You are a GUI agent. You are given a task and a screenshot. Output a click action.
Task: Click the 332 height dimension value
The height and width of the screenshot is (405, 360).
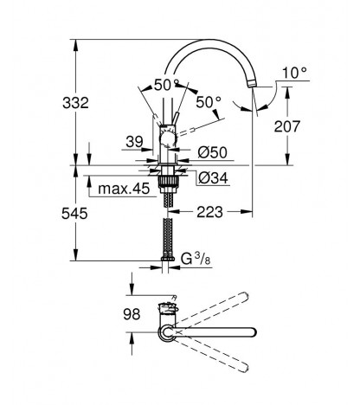75,103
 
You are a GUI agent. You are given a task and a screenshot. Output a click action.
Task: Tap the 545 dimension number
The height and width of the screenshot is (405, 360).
74,214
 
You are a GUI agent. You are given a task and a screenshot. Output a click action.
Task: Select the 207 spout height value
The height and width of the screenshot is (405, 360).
287,126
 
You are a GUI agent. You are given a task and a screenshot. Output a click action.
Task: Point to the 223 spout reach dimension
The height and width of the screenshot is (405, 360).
209,212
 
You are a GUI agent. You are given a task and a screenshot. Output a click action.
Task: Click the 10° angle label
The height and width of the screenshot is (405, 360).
294,73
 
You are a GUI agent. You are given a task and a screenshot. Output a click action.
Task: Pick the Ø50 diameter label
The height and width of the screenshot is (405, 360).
213,152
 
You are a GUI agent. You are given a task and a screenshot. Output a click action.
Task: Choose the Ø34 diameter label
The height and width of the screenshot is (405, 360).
213,178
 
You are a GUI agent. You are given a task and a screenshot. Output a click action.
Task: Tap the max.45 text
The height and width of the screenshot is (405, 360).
124,189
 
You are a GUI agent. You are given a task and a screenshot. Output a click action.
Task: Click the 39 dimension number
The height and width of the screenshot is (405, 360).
134,142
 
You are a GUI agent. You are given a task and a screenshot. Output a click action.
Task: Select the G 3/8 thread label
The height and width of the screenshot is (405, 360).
196,259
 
